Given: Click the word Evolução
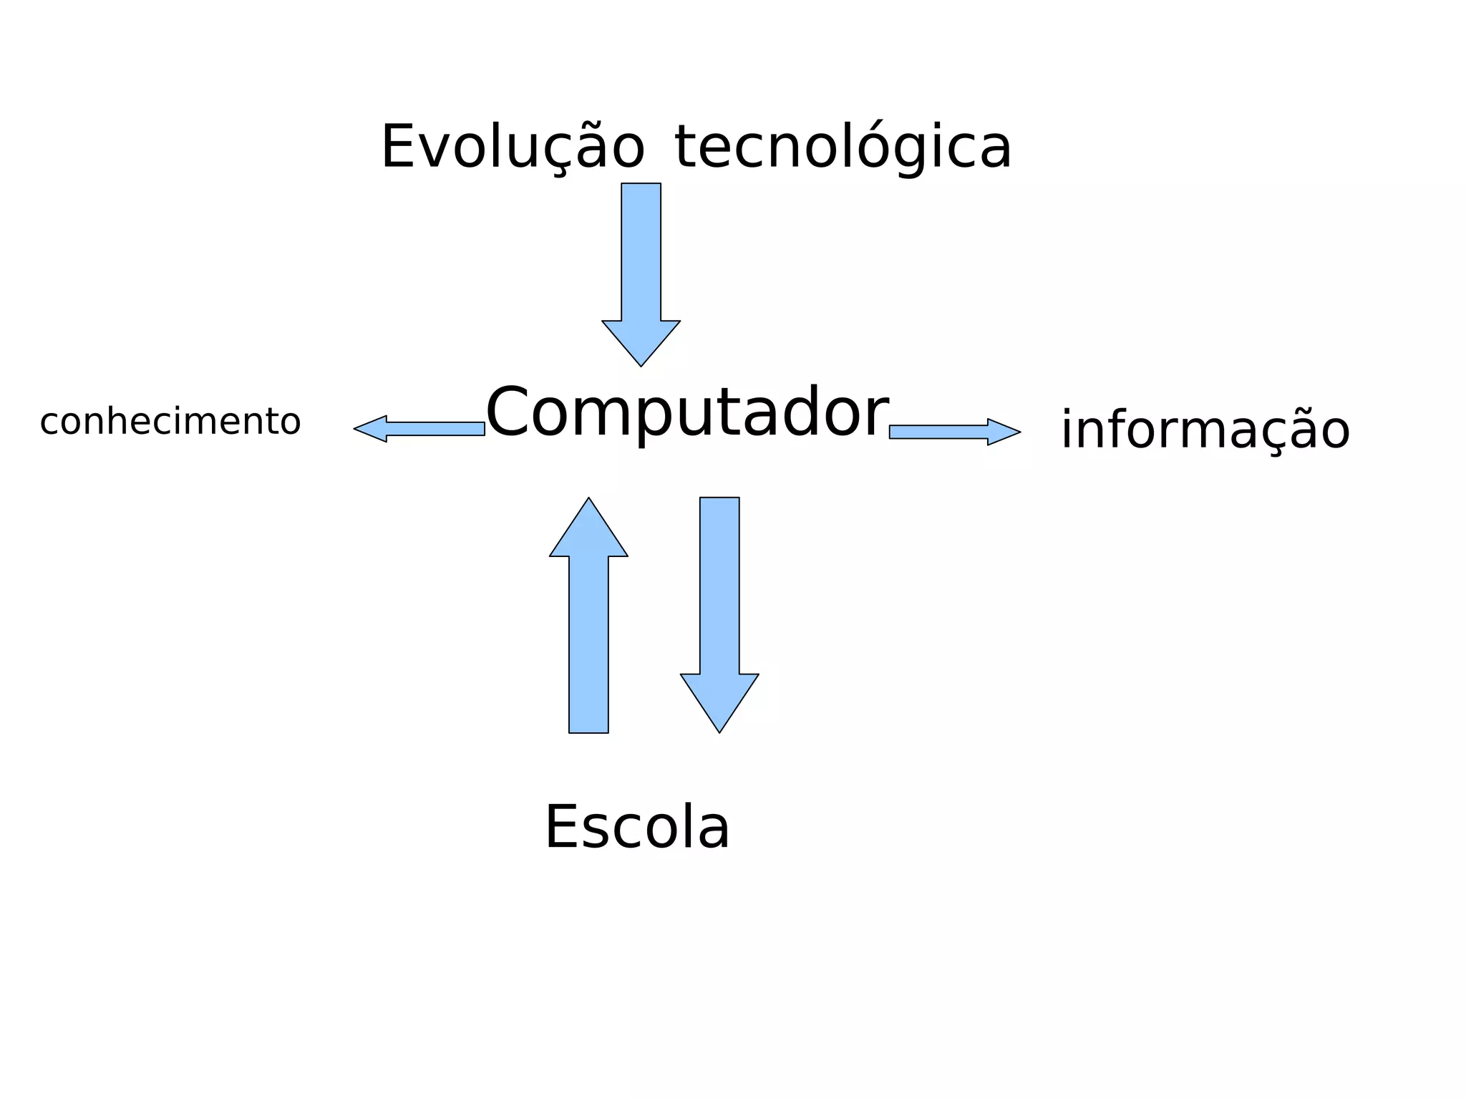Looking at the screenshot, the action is coord(513,147).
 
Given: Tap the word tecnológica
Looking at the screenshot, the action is coord(843,147).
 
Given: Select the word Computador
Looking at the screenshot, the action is coord(687,412).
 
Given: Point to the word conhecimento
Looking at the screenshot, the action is coord(170,422).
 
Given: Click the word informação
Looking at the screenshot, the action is coord(1205,430).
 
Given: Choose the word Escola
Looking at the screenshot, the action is coord(637,828).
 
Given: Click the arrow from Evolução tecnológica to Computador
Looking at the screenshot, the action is coord(641,272).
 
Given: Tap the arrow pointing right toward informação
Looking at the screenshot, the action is coord(952,432).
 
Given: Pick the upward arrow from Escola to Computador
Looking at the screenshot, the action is coord(588,630).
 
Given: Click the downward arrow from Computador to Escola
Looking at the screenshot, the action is coord(719,601).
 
